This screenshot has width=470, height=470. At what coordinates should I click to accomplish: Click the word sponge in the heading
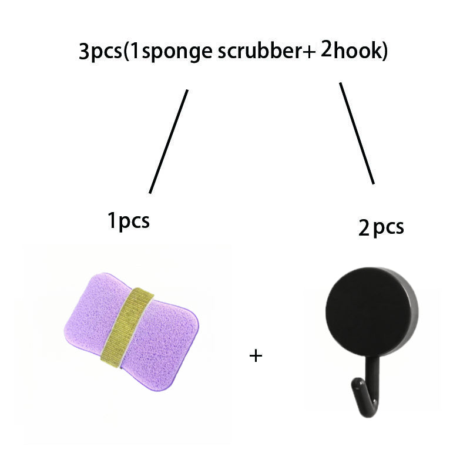tap(177, 52)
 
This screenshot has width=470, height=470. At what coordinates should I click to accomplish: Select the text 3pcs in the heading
tap(100, 52)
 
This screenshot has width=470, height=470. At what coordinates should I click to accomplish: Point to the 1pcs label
tap(129, 221)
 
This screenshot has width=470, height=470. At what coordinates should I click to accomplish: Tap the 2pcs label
tap(381, 227)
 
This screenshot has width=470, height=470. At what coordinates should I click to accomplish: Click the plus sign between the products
tap(256, 356)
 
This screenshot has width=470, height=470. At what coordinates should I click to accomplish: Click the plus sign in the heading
tap(310, 51)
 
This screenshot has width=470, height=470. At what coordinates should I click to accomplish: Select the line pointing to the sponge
tap(169, 142)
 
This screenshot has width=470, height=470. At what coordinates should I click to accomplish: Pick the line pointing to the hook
tap(357, 133)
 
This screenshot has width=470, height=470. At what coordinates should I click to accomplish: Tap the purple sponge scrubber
tap(131, 332)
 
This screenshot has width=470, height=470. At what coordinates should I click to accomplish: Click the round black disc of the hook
tap(371, 313)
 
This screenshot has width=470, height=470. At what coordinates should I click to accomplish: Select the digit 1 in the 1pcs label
tap(112, 220)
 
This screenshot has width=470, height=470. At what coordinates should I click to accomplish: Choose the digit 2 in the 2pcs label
tap(364, 227)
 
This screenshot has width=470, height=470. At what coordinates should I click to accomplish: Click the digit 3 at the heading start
tap(84, 52)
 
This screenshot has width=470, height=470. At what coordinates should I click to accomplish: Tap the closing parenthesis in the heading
tap(385, 50)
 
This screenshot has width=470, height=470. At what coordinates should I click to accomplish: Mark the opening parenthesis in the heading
tap(126, 52)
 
